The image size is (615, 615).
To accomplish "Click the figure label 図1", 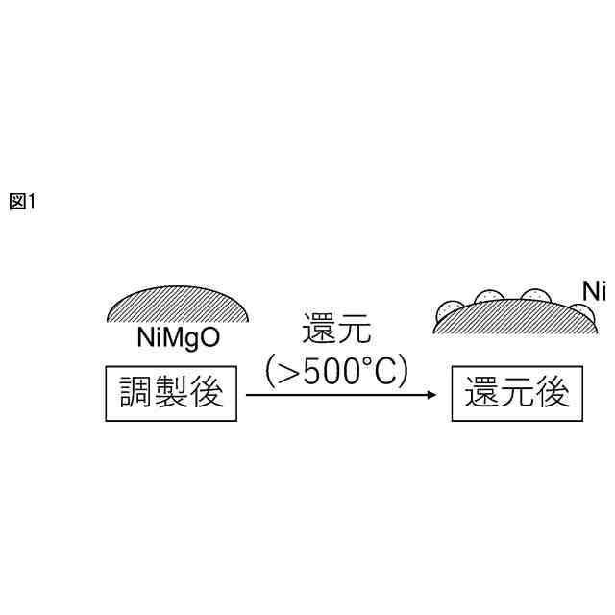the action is click(x=21, y=201).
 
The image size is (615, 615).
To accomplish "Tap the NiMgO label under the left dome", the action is click(x=179, y=339).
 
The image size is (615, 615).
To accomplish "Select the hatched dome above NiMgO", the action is click(x=180, y=307).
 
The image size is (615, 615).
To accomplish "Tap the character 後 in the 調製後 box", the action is click(x=207, y=392).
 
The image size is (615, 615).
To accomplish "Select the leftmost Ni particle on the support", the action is click(x=449, y=310).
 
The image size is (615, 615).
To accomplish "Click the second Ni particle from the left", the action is click(x=489, y=296).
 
